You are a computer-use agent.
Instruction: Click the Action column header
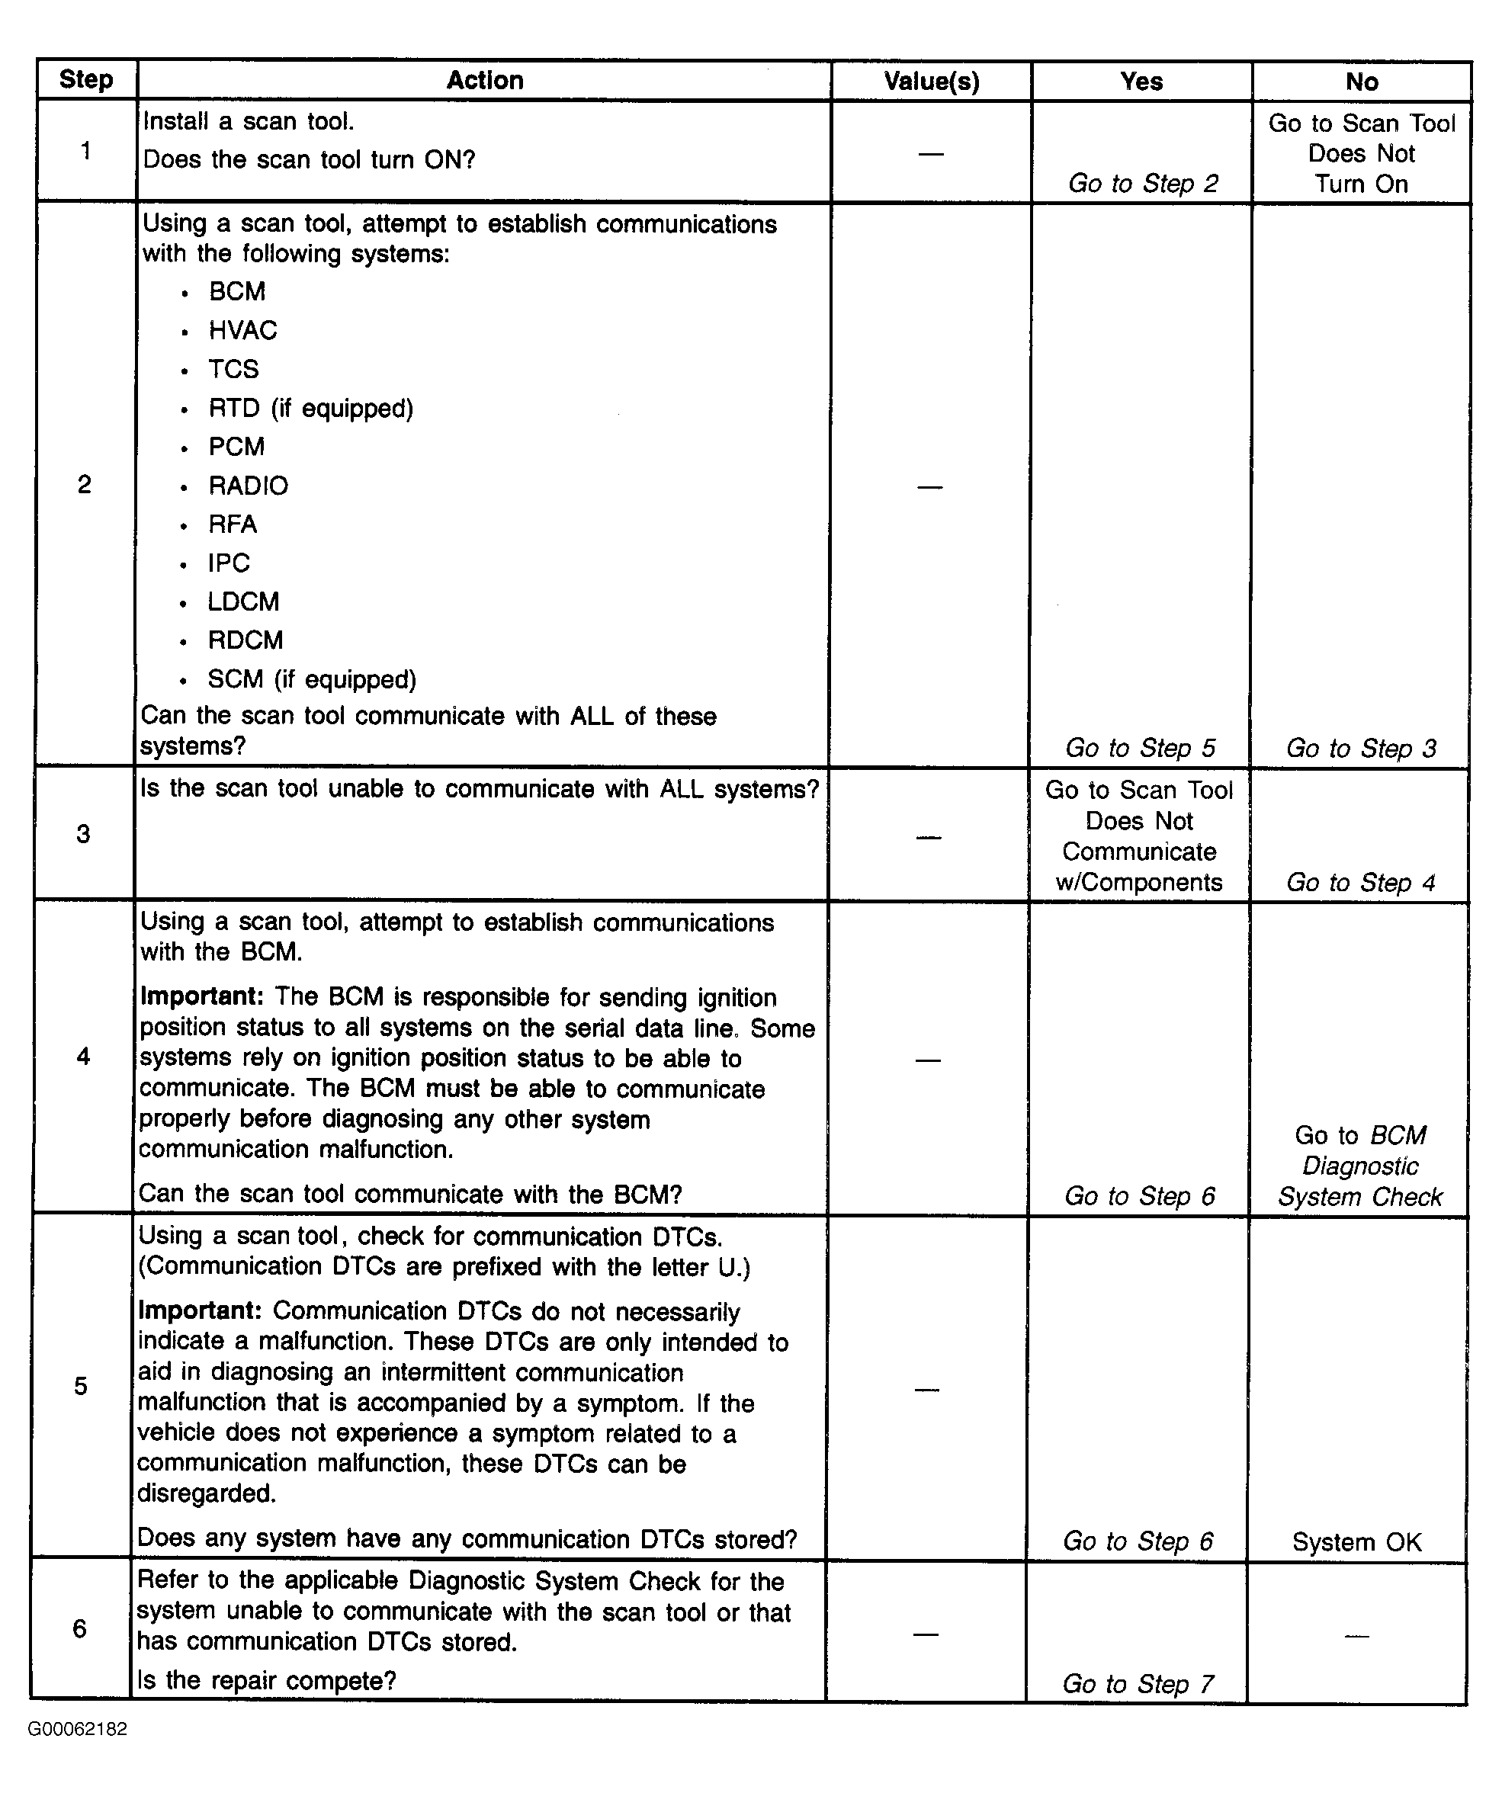484,80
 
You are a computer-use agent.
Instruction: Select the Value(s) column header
931,81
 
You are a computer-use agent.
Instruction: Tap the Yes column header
1141,81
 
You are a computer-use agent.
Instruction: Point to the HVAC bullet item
242,330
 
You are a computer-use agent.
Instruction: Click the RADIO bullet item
248,486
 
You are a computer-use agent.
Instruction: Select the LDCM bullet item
243,602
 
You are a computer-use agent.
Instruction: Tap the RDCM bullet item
245,640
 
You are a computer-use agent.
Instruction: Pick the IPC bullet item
229,563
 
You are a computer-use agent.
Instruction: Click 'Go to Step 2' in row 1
1142,184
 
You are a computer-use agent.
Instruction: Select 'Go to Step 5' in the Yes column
1140,748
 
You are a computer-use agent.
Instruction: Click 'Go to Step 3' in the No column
1361,748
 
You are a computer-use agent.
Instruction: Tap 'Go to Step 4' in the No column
1360,882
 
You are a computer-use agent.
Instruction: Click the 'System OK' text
1356,1542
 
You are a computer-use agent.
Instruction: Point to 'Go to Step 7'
1138,1684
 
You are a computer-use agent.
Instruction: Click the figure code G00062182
78,1729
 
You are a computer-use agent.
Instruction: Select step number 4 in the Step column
83,1057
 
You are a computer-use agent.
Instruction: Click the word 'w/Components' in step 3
1139,882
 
